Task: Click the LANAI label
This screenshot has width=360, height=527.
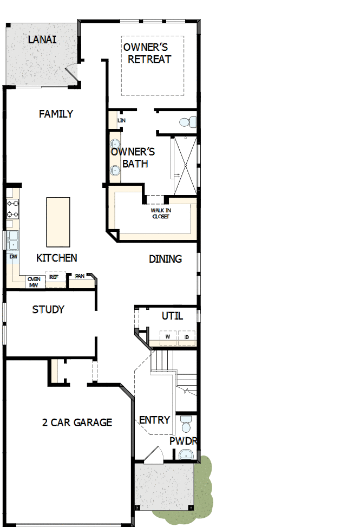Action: point(42,40)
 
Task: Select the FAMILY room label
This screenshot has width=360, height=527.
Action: point(56,114)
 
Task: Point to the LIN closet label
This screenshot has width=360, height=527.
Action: point(114,120)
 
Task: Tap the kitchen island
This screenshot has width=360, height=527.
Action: point(58,222)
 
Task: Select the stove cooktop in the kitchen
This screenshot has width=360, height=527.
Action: point(12,209)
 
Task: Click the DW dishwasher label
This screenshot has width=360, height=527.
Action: point(13,257)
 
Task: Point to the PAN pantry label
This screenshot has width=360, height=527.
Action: point(80,276)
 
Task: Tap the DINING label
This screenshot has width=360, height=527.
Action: point(165,259)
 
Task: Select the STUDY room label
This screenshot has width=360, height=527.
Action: point(48,309)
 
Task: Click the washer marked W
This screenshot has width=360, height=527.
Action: point(168,337)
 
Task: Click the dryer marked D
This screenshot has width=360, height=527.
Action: point(187,337)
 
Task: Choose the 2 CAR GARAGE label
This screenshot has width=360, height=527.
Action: point(77,422)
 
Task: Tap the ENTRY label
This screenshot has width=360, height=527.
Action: point(154,420)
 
